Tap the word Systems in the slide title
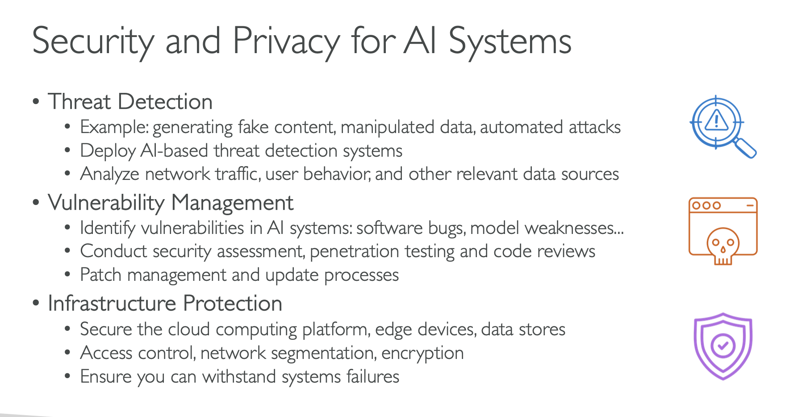tap(509, 41)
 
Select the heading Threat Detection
tap(130, 101)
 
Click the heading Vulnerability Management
tap(171, 203)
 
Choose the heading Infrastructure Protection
tap(165, 304)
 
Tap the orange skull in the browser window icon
tap(723, 246)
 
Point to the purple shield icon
tap(723, 346)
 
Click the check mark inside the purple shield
tap(723, 346)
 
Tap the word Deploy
tap(108, 151)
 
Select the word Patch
tap(100, 275)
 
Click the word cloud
tap(189, 329)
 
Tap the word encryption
tap(422, 353)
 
